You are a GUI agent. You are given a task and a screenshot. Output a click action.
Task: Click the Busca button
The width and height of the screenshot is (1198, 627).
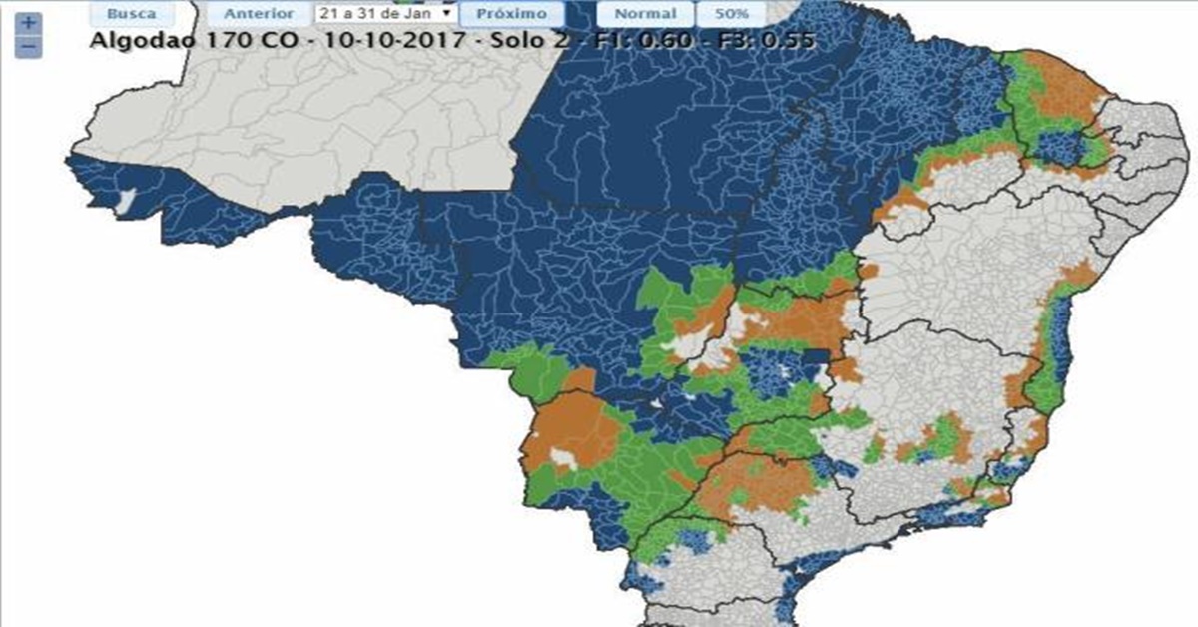tap(131, 14)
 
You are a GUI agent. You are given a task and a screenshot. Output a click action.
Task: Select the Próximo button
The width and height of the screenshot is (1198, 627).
tap(511, 14)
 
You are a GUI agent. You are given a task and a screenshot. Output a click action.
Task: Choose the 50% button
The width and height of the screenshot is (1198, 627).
tap(730, 14)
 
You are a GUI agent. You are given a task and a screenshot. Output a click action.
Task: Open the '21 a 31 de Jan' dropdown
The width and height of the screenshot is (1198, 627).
tap(385, 14)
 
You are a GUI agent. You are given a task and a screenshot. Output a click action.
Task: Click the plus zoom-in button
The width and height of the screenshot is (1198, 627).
tap(29, 22)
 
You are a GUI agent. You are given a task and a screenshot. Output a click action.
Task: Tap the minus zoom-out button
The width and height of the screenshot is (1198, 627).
tap(29, 46)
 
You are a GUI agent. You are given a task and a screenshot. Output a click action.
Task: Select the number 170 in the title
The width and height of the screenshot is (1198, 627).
tap(209, 40)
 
